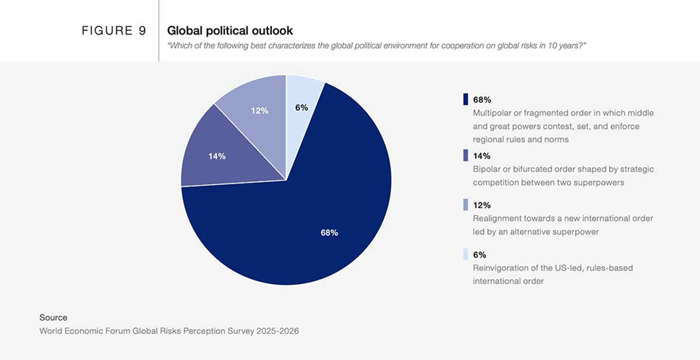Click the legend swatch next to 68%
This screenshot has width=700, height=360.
(465, 99)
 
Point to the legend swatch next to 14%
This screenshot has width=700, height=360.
(465, 155)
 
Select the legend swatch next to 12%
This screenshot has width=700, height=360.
(465, 205)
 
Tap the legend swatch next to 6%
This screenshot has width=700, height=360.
(465, 254)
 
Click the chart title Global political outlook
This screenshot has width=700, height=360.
(229, 31)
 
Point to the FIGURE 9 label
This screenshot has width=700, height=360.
(114, 31)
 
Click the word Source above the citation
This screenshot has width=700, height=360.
(54, 317)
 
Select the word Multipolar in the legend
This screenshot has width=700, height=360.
(492, 113)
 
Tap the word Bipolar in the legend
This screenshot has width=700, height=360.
(487, 169)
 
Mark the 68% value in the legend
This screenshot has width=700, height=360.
(482, 100)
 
